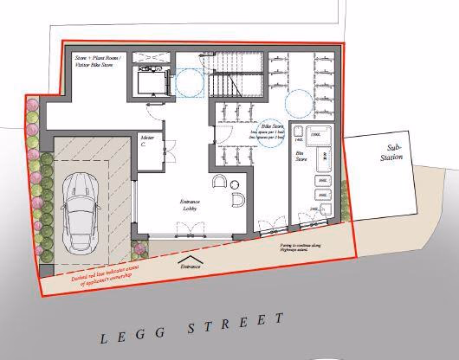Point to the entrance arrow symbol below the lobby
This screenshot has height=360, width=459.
click(191, 260)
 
